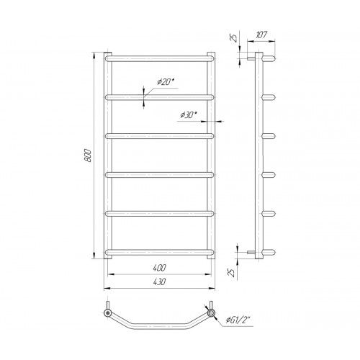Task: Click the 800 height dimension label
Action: coord(89,156)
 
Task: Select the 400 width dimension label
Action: coord(159,268)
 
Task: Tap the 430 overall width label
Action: coord(159,282)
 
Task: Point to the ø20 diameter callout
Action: coord(166,82)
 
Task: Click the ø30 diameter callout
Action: coord(189,115)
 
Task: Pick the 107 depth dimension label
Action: coord(261,35)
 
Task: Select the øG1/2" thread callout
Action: coord(238,320)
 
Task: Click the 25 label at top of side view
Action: coord(234,37)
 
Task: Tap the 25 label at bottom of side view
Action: coord(231,273)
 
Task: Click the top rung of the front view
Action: coord(159,59)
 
